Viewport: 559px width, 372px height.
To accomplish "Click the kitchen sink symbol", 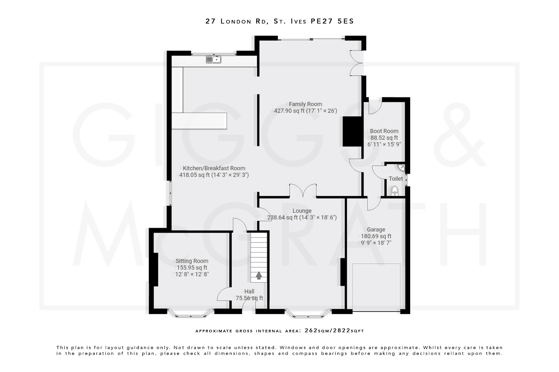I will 213,59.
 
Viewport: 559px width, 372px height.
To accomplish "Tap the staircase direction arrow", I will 259,276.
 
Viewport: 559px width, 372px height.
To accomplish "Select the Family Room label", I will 305,104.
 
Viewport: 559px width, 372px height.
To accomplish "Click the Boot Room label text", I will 384,131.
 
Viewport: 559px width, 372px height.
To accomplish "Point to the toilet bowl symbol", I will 395,191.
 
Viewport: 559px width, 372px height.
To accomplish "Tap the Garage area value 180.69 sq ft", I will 376,236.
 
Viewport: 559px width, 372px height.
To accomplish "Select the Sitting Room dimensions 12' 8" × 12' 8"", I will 192,274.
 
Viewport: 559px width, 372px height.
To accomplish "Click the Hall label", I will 249,291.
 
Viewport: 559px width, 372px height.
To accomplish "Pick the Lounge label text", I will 302,211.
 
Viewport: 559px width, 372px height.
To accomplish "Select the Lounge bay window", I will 308,314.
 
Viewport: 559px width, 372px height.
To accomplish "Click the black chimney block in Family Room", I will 352,132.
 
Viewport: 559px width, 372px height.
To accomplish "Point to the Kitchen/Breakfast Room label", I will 214,168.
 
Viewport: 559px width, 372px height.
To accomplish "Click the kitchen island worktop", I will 199,121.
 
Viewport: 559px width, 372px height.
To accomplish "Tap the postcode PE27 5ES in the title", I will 332,21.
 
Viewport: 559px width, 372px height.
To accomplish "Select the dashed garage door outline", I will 376,287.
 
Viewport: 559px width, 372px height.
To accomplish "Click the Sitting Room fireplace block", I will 154,270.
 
